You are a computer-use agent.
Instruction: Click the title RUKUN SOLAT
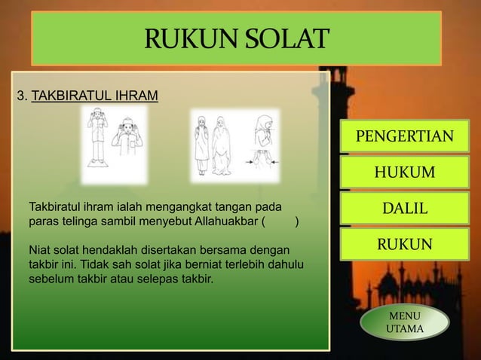point(237,38)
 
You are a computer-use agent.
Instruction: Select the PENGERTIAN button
point(405,136)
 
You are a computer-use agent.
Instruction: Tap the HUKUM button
point(405,174)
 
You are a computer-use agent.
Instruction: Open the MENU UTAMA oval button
point(404,323)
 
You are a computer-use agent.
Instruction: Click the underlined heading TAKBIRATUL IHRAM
point(95,96)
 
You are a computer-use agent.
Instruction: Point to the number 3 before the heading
point(21,96)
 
